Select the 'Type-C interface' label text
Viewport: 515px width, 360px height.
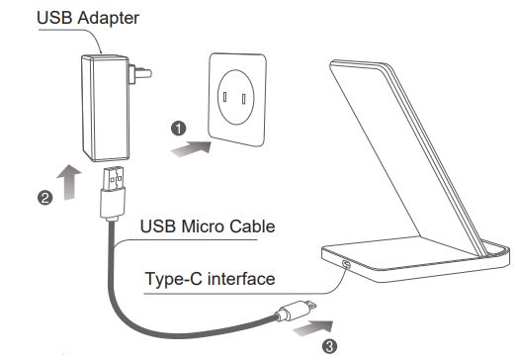pos(209,279)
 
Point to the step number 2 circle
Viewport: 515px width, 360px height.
pos(44,197)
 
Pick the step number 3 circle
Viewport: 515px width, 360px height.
pos(330,345)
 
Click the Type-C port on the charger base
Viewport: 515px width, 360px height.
pos(346,264)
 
